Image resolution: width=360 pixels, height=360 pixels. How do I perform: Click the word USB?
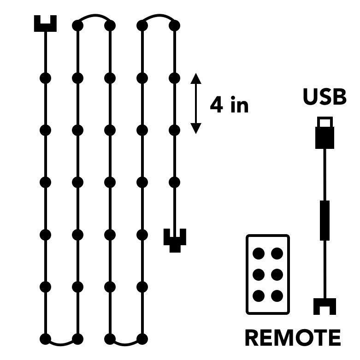(x=325, y=98)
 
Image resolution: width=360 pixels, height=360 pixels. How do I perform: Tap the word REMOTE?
(x=292, y=338)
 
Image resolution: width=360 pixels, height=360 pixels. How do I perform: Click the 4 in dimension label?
(x=229, y=105)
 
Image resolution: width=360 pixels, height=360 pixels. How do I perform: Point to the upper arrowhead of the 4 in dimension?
(x=196, y=78)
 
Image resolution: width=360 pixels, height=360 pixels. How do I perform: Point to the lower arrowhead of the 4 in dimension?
(x=196, y=129)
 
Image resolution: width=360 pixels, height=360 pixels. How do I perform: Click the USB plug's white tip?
(x=325, y=122)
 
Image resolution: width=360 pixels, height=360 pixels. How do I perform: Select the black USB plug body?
(x=325, y=137)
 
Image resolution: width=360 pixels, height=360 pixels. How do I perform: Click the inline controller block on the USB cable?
(x=325, y=220)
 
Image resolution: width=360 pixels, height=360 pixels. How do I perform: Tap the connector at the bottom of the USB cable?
(x=325, y=306)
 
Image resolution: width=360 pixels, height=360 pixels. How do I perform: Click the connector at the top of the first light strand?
(x=46, y=24)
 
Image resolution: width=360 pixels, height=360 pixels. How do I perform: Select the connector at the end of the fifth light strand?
(x=175, y=240)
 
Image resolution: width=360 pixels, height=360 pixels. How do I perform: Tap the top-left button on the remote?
(x=259, y=253)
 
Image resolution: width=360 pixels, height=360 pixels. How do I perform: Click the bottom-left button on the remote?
(x=259, y=295)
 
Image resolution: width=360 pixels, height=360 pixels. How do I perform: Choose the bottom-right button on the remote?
(x=277, y=295)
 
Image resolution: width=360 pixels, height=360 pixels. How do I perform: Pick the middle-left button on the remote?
(x=259, y=275)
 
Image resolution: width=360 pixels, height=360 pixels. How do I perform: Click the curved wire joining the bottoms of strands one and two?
(x=62, y=343)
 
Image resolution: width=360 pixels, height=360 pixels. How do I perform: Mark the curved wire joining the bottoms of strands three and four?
(x=126, y=343)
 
